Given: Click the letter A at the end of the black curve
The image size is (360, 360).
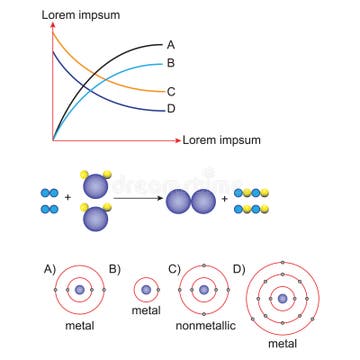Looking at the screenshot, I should (x=172, y=45).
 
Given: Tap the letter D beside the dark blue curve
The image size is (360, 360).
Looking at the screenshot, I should (x=172, y=109).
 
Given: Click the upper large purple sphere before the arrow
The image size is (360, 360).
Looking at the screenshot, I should (x=96, y=185).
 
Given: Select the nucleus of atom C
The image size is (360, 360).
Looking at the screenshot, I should (x=204, y=291).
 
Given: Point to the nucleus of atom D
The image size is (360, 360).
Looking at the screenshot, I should (x=283, y=297).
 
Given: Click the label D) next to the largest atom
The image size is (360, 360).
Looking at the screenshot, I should (x=238, y=268).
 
